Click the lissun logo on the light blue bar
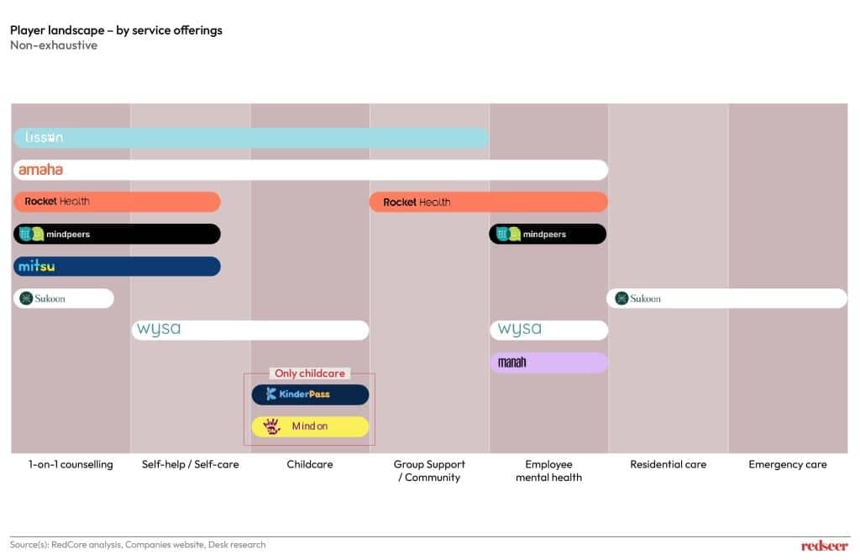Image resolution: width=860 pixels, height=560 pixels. pos(44,138)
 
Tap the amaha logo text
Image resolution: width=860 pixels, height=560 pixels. pos(41,170)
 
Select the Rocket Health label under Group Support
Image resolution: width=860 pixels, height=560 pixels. pos(417,202)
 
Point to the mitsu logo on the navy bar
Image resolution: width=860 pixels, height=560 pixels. pos(37,267)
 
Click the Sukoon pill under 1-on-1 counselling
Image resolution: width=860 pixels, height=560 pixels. pos(64,298)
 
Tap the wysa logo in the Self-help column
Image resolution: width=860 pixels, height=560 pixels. pos(159,330)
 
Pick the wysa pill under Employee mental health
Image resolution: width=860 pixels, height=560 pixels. pos(548,330)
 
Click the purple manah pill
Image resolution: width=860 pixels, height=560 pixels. pos(548,362)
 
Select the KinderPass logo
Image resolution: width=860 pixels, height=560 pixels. pos(298,394)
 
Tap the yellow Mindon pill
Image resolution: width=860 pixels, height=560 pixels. pos(310,426)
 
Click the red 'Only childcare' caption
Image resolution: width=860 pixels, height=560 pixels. pos(310,373)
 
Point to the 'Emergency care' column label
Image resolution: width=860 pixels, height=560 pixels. pos(787,464)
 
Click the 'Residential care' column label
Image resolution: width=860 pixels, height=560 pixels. pos(668,464)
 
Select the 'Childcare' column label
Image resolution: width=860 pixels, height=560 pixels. pos(310,464)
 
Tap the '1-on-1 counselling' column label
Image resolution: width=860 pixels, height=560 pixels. pos(71,464)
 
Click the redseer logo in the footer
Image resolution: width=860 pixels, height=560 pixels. pos(825,546)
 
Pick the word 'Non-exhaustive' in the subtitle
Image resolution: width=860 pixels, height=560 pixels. pos(54,45)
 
